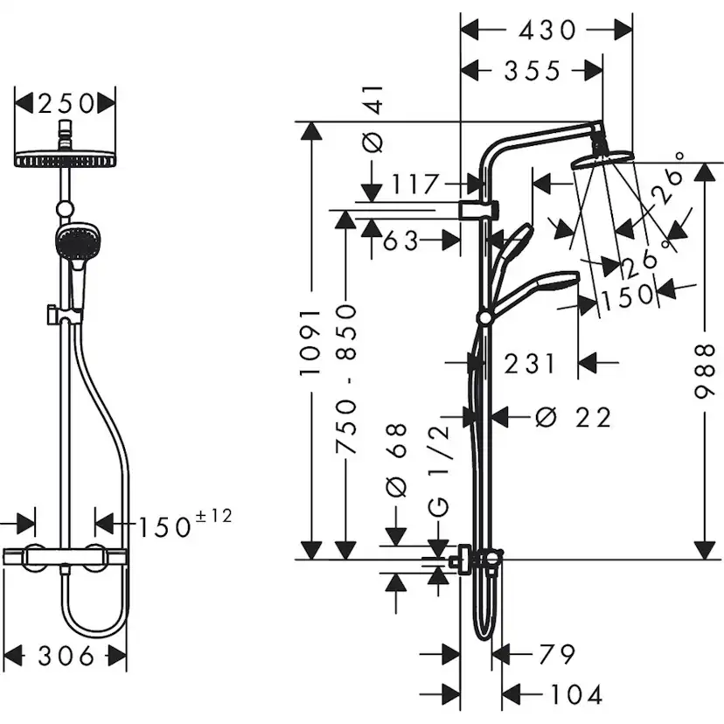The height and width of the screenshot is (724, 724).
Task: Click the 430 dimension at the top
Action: coord(547,31)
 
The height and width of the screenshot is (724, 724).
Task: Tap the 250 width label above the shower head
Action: coord(66,104)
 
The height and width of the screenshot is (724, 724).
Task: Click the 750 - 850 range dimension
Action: coord(348,378)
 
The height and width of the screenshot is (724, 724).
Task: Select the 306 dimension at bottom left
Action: coord(65,655)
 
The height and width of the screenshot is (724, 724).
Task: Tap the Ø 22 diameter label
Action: coord(573,418)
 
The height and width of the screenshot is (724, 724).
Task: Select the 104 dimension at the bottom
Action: coord(574,695)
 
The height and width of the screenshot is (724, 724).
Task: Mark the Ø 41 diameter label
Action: coord(372,122)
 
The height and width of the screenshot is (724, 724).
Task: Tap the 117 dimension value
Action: coord(414,184)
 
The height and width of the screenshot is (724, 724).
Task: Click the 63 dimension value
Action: coord(400,240)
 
